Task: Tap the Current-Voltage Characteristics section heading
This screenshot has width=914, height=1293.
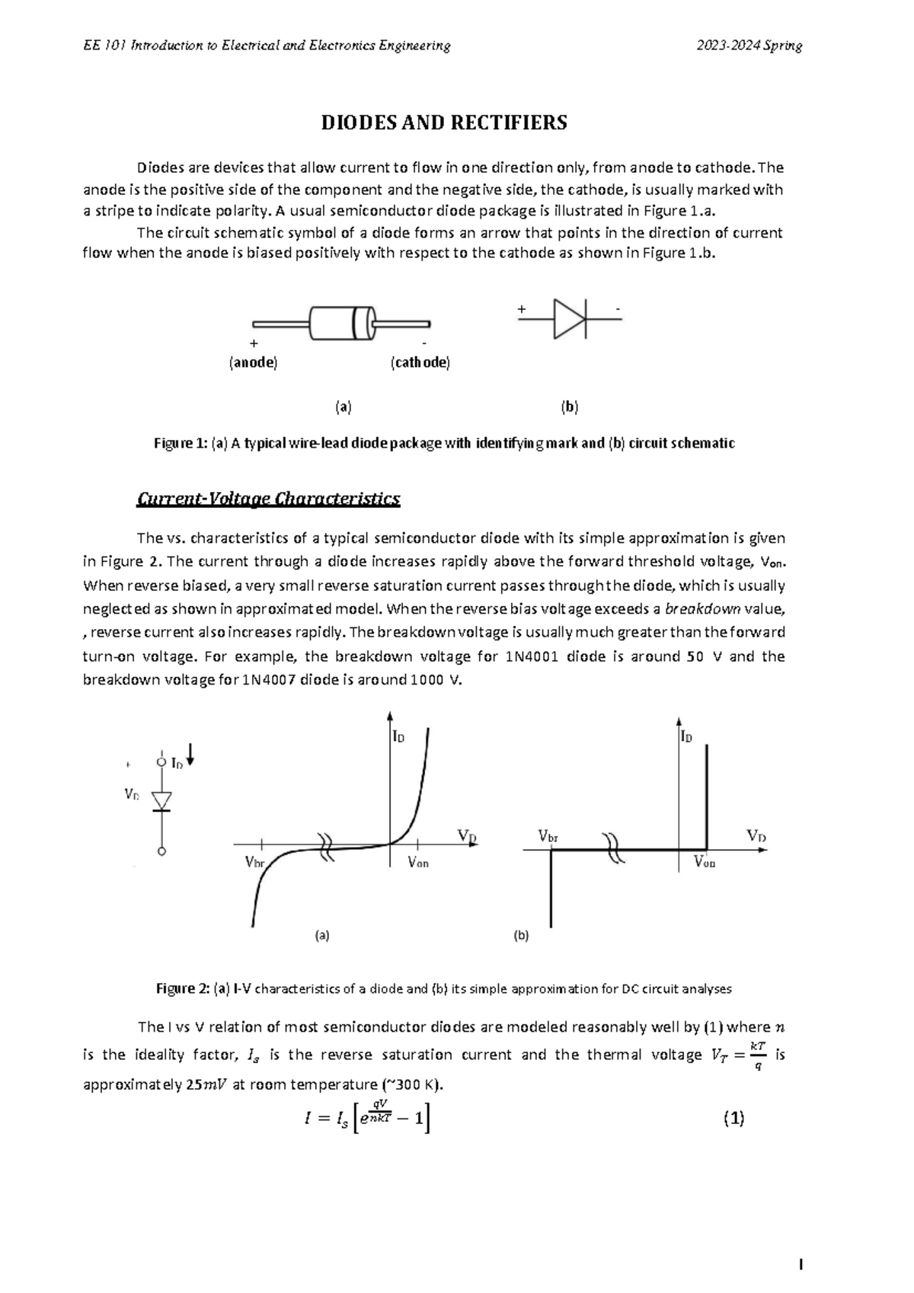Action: tap(268, 499)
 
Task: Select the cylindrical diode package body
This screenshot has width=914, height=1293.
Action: tap(342, 324)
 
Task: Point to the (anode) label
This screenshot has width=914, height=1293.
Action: tap(253, 362)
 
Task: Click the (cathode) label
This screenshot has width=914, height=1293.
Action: tap(420, 362)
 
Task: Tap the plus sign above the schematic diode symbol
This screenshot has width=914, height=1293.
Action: tap(522, 309)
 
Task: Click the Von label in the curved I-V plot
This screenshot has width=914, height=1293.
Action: tap(417, 863)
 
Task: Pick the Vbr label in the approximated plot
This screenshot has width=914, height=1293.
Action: tap(548, 836)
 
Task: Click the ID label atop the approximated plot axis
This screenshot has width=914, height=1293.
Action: tap(686, 737)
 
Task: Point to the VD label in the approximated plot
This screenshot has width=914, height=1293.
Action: tap(756, 836)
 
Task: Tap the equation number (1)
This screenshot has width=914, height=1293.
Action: tap(733, 1119)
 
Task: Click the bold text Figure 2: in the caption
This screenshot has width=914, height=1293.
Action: tap(182, 989)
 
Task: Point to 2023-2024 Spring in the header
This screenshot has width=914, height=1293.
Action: tap(749, 46)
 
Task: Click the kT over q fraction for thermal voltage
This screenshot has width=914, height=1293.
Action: tap(757, 1055)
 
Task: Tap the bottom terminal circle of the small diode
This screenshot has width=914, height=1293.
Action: tap(161, 852)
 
